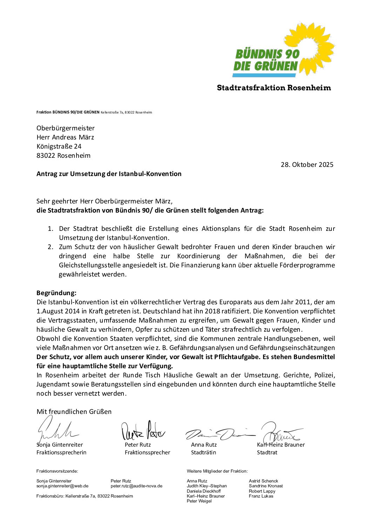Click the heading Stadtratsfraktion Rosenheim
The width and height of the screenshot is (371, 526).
click(274, 88)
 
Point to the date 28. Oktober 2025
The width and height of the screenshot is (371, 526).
click(307, 164)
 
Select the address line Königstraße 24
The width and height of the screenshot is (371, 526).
click(59, 146)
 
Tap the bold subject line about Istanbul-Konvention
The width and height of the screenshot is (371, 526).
click(109, 174)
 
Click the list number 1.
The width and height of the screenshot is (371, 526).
click(50, 229)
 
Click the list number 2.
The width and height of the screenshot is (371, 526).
click(50, 247)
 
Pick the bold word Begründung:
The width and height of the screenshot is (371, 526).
click(56, 293)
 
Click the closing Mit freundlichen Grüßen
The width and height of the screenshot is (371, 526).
click(74, 411)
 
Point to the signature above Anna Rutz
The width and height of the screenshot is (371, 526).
click(219, 434)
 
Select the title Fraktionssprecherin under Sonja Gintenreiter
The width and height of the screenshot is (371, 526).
click(61, 452)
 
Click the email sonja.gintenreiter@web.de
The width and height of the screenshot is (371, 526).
click(62, 486)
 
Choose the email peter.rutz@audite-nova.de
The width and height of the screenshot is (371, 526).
click(136, 486)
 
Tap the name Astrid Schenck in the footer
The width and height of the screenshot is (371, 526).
click(263, 481)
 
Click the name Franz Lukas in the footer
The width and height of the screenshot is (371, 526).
click(261, 496)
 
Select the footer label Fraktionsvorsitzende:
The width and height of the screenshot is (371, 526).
click(57, 471)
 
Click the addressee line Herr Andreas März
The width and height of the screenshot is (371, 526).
click(65, 137)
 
